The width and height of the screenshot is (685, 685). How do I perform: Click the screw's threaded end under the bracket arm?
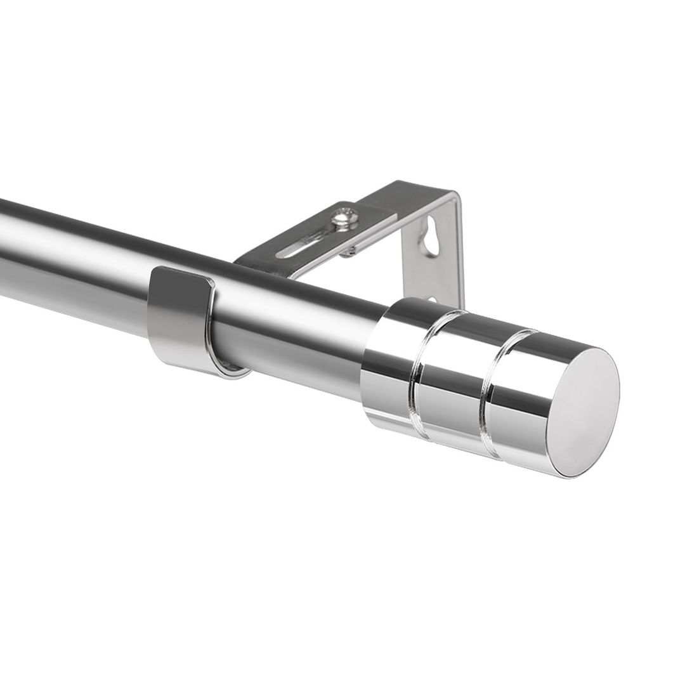(x=348, y=253)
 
